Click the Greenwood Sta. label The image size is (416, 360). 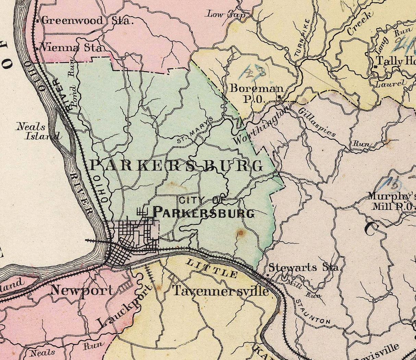(86, 21)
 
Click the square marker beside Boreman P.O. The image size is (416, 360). (279, 97)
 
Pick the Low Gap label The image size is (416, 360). (225, 14)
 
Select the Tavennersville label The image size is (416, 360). (220, 291)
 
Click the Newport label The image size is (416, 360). (82, 290)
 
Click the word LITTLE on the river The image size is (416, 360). (212, 269)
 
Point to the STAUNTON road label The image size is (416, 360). (313, 312)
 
